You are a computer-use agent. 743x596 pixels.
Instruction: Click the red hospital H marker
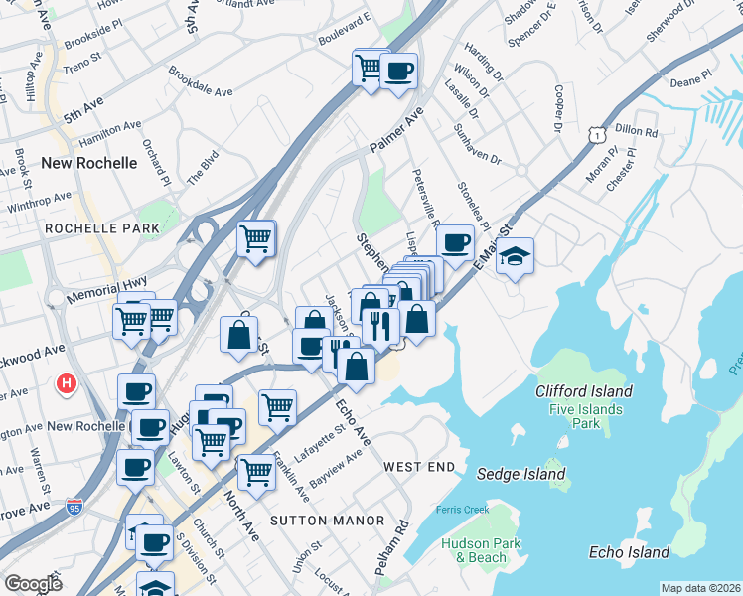[67, 382]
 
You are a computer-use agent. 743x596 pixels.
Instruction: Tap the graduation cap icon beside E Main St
[516, 256]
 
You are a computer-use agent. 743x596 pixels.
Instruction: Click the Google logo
[33, 584]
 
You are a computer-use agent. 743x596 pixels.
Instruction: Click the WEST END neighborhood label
[419, 467]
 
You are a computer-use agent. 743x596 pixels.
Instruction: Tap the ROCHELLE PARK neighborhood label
[101, 228]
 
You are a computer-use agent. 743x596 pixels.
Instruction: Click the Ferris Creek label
[462, 510]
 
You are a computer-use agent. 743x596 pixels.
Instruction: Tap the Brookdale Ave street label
[201, 81]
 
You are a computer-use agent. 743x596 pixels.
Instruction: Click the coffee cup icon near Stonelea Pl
[455, 242]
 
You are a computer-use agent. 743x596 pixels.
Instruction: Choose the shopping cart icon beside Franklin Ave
[256, 470]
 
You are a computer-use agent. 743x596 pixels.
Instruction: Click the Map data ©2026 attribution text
[700, 588]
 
